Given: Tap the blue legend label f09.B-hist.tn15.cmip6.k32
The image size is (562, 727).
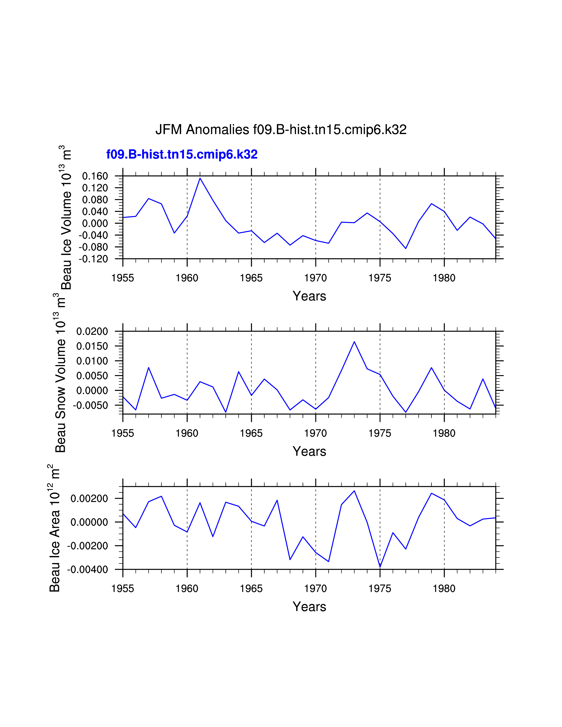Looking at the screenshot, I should [182, 154].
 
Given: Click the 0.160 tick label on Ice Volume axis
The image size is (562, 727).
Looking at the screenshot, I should [95, 176].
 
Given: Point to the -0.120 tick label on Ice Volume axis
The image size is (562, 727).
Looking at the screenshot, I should [93, 259].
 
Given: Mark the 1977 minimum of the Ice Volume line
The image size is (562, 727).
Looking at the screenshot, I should [406, 248].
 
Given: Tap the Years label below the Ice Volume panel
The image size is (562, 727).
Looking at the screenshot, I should [309, 296].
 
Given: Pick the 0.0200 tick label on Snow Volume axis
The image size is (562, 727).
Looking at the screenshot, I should [92, 332].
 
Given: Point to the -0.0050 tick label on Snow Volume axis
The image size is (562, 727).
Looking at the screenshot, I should [91, 405].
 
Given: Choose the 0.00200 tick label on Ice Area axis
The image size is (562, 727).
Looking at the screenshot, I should [89, 499].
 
